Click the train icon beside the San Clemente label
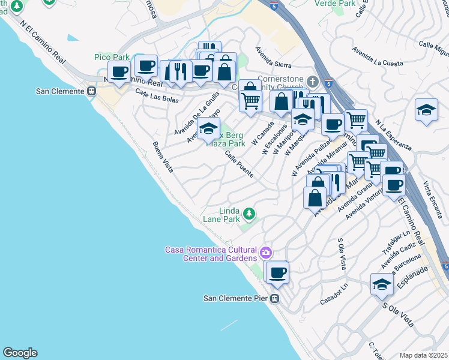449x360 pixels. (92, 91)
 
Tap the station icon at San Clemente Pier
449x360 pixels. (275, 298)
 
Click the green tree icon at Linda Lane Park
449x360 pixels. (247, 213)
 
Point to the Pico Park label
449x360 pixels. (112, 56)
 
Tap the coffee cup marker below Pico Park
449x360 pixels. (119, 72)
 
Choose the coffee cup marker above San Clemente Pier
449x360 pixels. (277, 272)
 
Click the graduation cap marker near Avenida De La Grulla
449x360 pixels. (209, 128)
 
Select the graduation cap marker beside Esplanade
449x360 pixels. (381, 284)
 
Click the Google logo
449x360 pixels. (20, 353)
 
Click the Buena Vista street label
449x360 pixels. (163, 157)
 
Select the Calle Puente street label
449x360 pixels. (239, 164)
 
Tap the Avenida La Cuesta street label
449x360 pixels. (378, 55)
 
